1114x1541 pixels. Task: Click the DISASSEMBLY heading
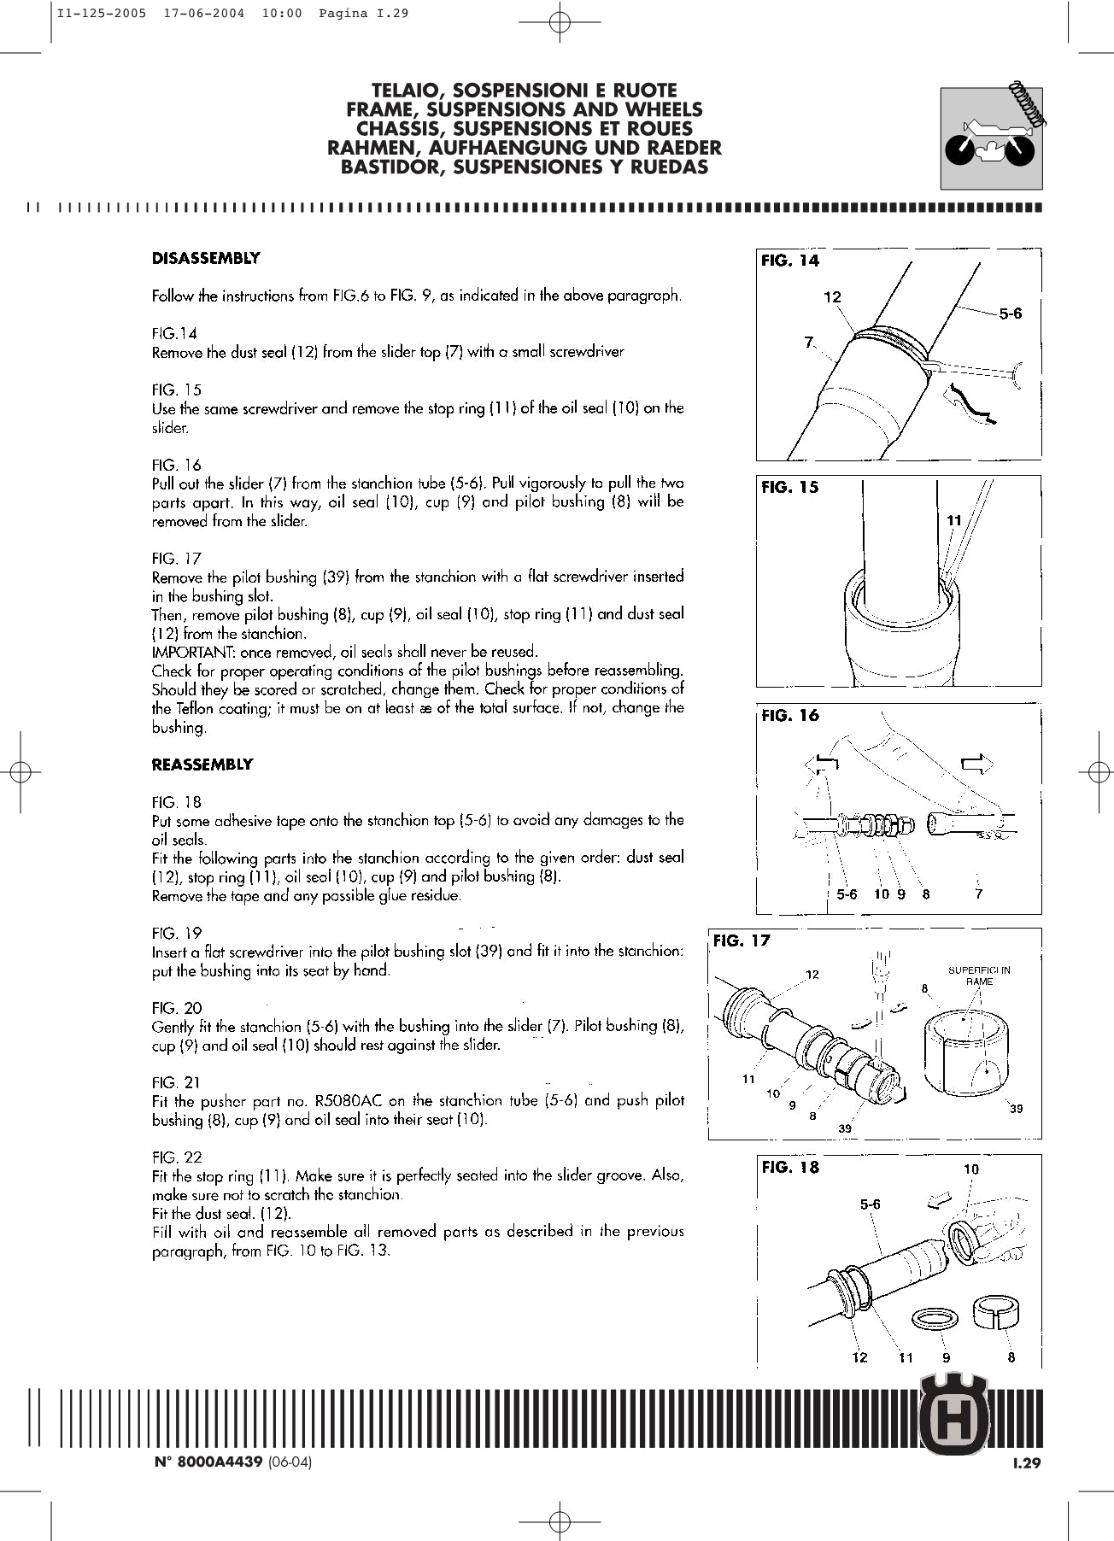coord(206,258)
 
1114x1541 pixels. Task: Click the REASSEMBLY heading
coord(202,765)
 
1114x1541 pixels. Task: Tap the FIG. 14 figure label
coord(789,261)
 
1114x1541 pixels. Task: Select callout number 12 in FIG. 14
coord(832,297)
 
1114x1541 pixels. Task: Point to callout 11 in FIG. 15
coord(954,520)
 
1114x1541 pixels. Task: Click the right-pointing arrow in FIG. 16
coord(976,763)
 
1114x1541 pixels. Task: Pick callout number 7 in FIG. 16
coord(979,894)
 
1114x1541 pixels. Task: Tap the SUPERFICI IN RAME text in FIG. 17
coord(979,976)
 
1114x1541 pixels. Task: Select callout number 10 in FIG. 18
coord(971,1169)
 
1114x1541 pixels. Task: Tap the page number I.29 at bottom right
coord(1026,1462)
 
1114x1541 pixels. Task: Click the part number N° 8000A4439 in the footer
coord(208,1462)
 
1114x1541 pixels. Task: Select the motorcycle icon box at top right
coord(991,138)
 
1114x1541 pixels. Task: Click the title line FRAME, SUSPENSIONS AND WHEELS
coord(524,109)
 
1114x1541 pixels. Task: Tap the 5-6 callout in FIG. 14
coord(1010,313)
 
